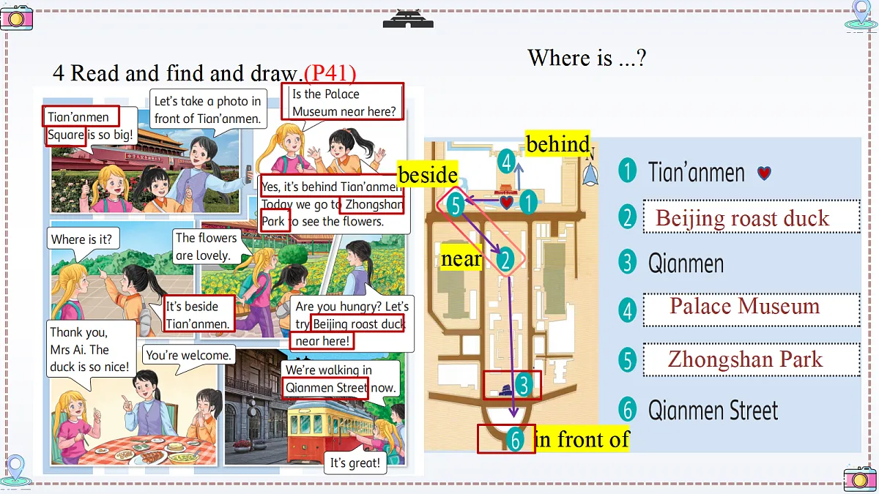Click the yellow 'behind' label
(557, 143)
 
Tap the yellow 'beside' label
(427, 173)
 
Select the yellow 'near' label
(461, 258)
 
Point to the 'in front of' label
(582, 438)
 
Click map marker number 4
(506, 162)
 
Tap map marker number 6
(515, 440)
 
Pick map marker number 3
(524, 385)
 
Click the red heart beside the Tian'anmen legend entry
(764, 173)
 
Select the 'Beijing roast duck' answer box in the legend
(752, 217)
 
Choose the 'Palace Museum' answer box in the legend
(752, 310)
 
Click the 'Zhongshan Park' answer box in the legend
(752, 359)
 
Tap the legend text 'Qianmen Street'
(713, 410)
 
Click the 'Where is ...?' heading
(587, 58)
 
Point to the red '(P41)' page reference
(330, 73)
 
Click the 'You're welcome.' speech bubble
(188, 355)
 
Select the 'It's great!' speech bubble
(355, 463)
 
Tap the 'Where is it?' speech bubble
(81, 239)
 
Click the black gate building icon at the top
(408, 19)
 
